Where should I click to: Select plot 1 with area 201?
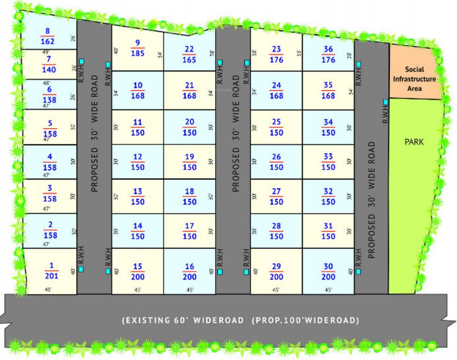[x=51, y=271]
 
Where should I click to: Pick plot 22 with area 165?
[x=189, y=54]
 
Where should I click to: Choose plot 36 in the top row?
[x=328, y=54]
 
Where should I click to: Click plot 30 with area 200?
[x=328, y=271]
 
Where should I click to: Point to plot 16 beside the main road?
[x=189, y=271]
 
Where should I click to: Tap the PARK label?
[x=414, y=141]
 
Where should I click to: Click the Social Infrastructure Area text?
[x=414, y=78]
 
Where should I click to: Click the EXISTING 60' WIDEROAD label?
[x=183, y=321]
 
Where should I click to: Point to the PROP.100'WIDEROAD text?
[x=305, y=321]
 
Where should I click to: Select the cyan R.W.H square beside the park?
[x=385, y=102]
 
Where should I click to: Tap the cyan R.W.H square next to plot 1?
[x=81, y=269]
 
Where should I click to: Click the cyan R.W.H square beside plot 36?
[x=358, y=64]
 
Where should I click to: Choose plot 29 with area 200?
[x=276, y=271]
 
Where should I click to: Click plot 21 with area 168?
[x=189, y=90]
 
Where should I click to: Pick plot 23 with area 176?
[x=276, y=54]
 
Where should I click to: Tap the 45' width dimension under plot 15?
[x=137, y=290]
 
